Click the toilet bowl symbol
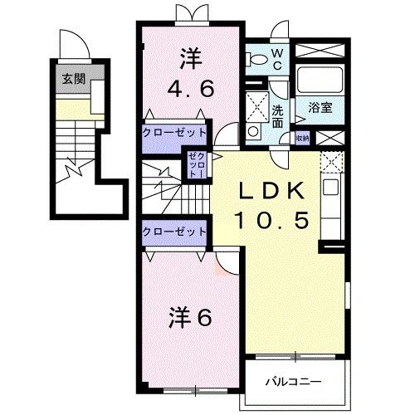pyautogui.click(x=258, y=57)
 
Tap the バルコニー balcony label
pyautogui.click(x=293, y=382)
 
